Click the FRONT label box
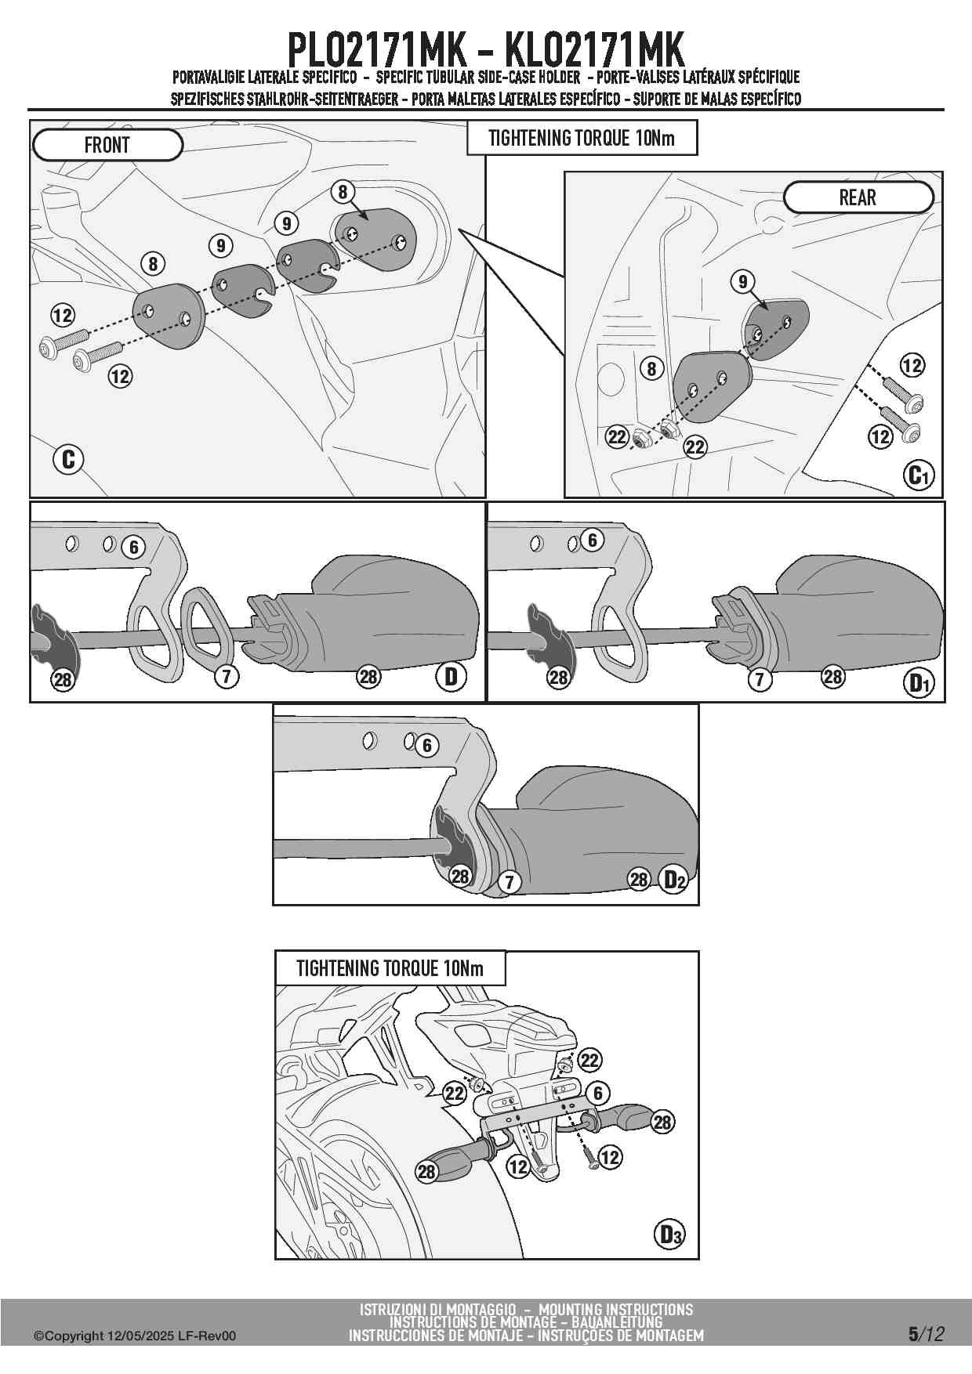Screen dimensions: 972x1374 click(107, 145)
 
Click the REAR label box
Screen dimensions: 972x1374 click(858, 197)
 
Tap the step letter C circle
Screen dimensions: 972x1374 click(68, 459)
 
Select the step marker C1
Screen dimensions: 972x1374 click(919, 475)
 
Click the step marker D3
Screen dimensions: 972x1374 click(669, 1235)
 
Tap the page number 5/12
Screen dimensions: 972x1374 click(927, 1334)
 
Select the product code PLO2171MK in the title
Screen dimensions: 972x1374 click(379, 50)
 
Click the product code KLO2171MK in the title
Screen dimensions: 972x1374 click(594, 50)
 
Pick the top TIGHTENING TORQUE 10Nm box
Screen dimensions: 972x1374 click(582, 138)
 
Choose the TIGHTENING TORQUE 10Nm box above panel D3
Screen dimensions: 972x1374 click(390, 968)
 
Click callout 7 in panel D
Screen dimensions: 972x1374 click(227, 676)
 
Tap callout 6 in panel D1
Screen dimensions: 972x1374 click(592, 540)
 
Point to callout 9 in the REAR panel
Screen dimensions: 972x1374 click(742, 280)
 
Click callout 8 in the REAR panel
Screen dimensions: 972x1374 click(651, 367)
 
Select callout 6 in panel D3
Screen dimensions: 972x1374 click(598, 1094)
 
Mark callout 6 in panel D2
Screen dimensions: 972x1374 click(426, 745)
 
